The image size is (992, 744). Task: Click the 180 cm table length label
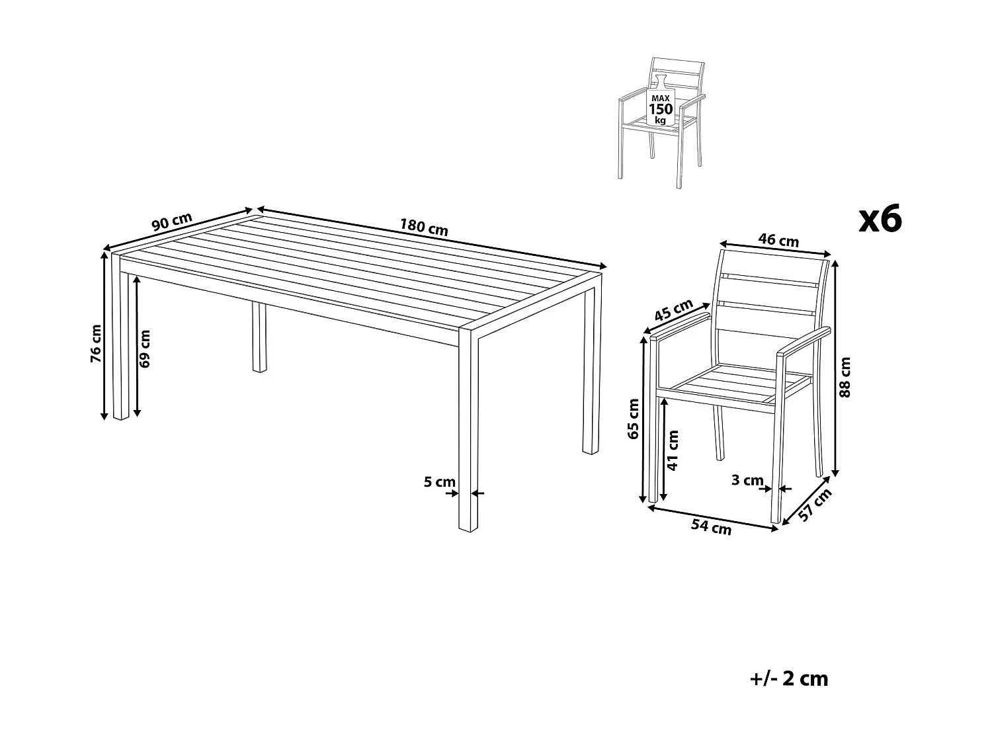tap(424, 227)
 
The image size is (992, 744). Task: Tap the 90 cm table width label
tap(172, 222)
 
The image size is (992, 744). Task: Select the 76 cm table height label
tap(97, 343)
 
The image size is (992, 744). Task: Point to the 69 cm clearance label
tap(145, 348)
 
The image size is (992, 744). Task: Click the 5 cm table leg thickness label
tap(439, 482)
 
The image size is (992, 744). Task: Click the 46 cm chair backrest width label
tap(778, 240)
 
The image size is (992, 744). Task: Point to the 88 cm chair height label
tap(845, 376)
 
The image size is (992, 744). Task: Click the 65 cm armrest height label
tap(634, 419)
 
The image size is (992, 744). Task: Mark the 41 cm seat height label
tap(673, 450)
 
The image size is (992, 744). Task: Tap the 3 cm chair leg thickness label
tap(747, 481)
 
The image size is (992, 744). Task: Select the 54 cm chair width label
tap(711, 527)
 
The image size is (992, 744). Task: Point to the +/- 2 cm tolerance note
tap(790, 679)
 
